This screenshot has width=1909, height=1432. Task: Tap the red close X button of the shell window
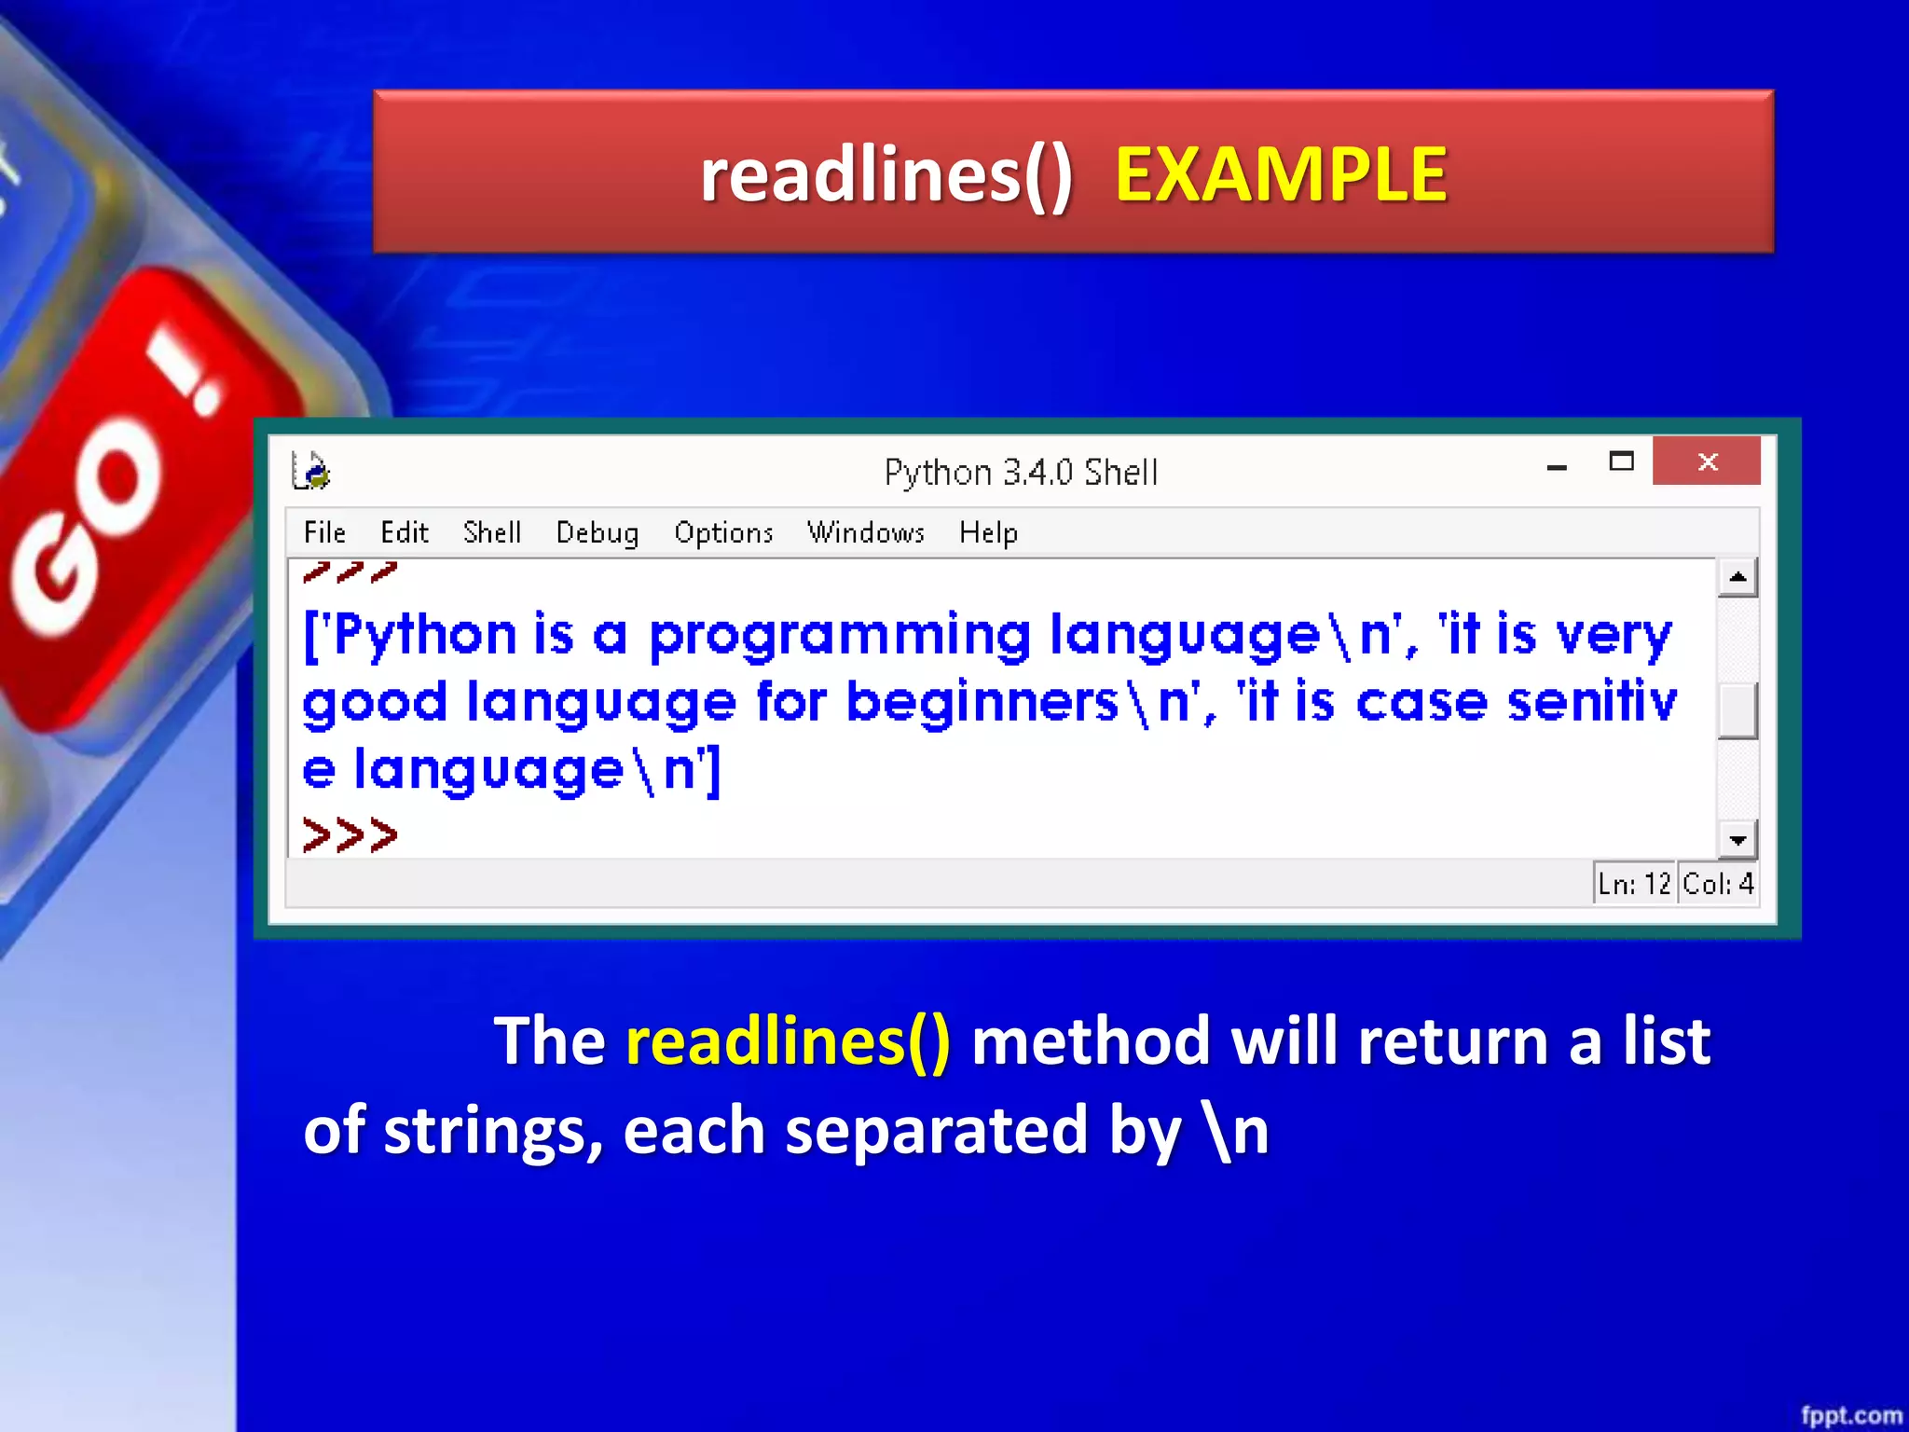coord(1707,461)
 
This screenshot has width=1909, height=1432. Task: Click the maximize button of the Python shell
coord(1621,461)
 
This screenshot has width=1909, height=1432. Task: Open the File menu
coord(324,532)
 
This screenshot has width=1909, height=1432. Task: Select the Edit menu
coord(404,532)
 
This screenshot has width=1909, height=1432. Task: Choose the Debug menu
coord(597,532)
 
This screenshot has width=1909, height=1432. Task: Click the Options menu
coord(723,532)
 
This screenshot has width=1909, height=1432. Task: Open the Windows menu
coord(865,532)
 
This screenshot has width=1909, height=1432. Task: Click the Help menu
coord(988,532)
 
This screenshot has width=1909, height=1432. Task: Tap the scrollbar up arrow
coord(1737,577)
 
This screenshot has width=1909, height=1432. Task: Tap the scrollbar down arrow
coord(1737,840)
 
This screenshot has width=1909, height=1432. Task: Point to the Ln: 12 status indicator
coord(1633,883)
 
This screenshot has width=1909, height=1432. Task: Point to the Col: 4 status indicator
coord(1718,883)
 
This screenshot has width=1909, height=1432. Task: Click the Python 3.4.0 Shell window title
coord(1021,473)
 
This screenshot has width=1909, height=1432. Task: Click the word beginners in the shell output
coord(982,702)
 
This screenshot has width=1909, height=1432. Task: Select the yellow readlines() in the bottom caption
coord(788,1040)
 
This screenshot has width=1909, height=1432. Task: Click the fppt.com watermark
coord(1850,1415)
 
